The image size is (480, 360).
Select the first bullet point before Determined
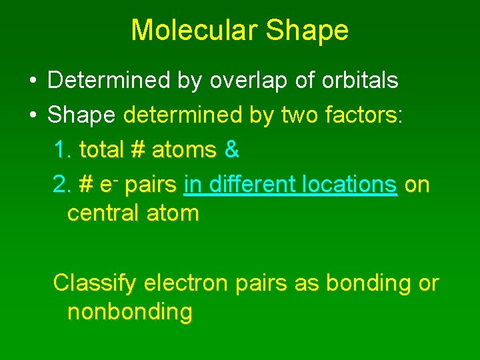point(32,81)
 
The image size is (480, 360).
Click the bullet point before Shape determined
point(32,116)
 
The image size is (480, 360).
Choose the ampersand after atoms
point(231,150)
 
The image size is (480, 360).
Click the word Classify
point(95,283)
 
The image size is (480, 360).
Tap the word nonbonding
point(129,312)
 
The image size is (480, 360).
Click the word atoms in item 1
point(184,150)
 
